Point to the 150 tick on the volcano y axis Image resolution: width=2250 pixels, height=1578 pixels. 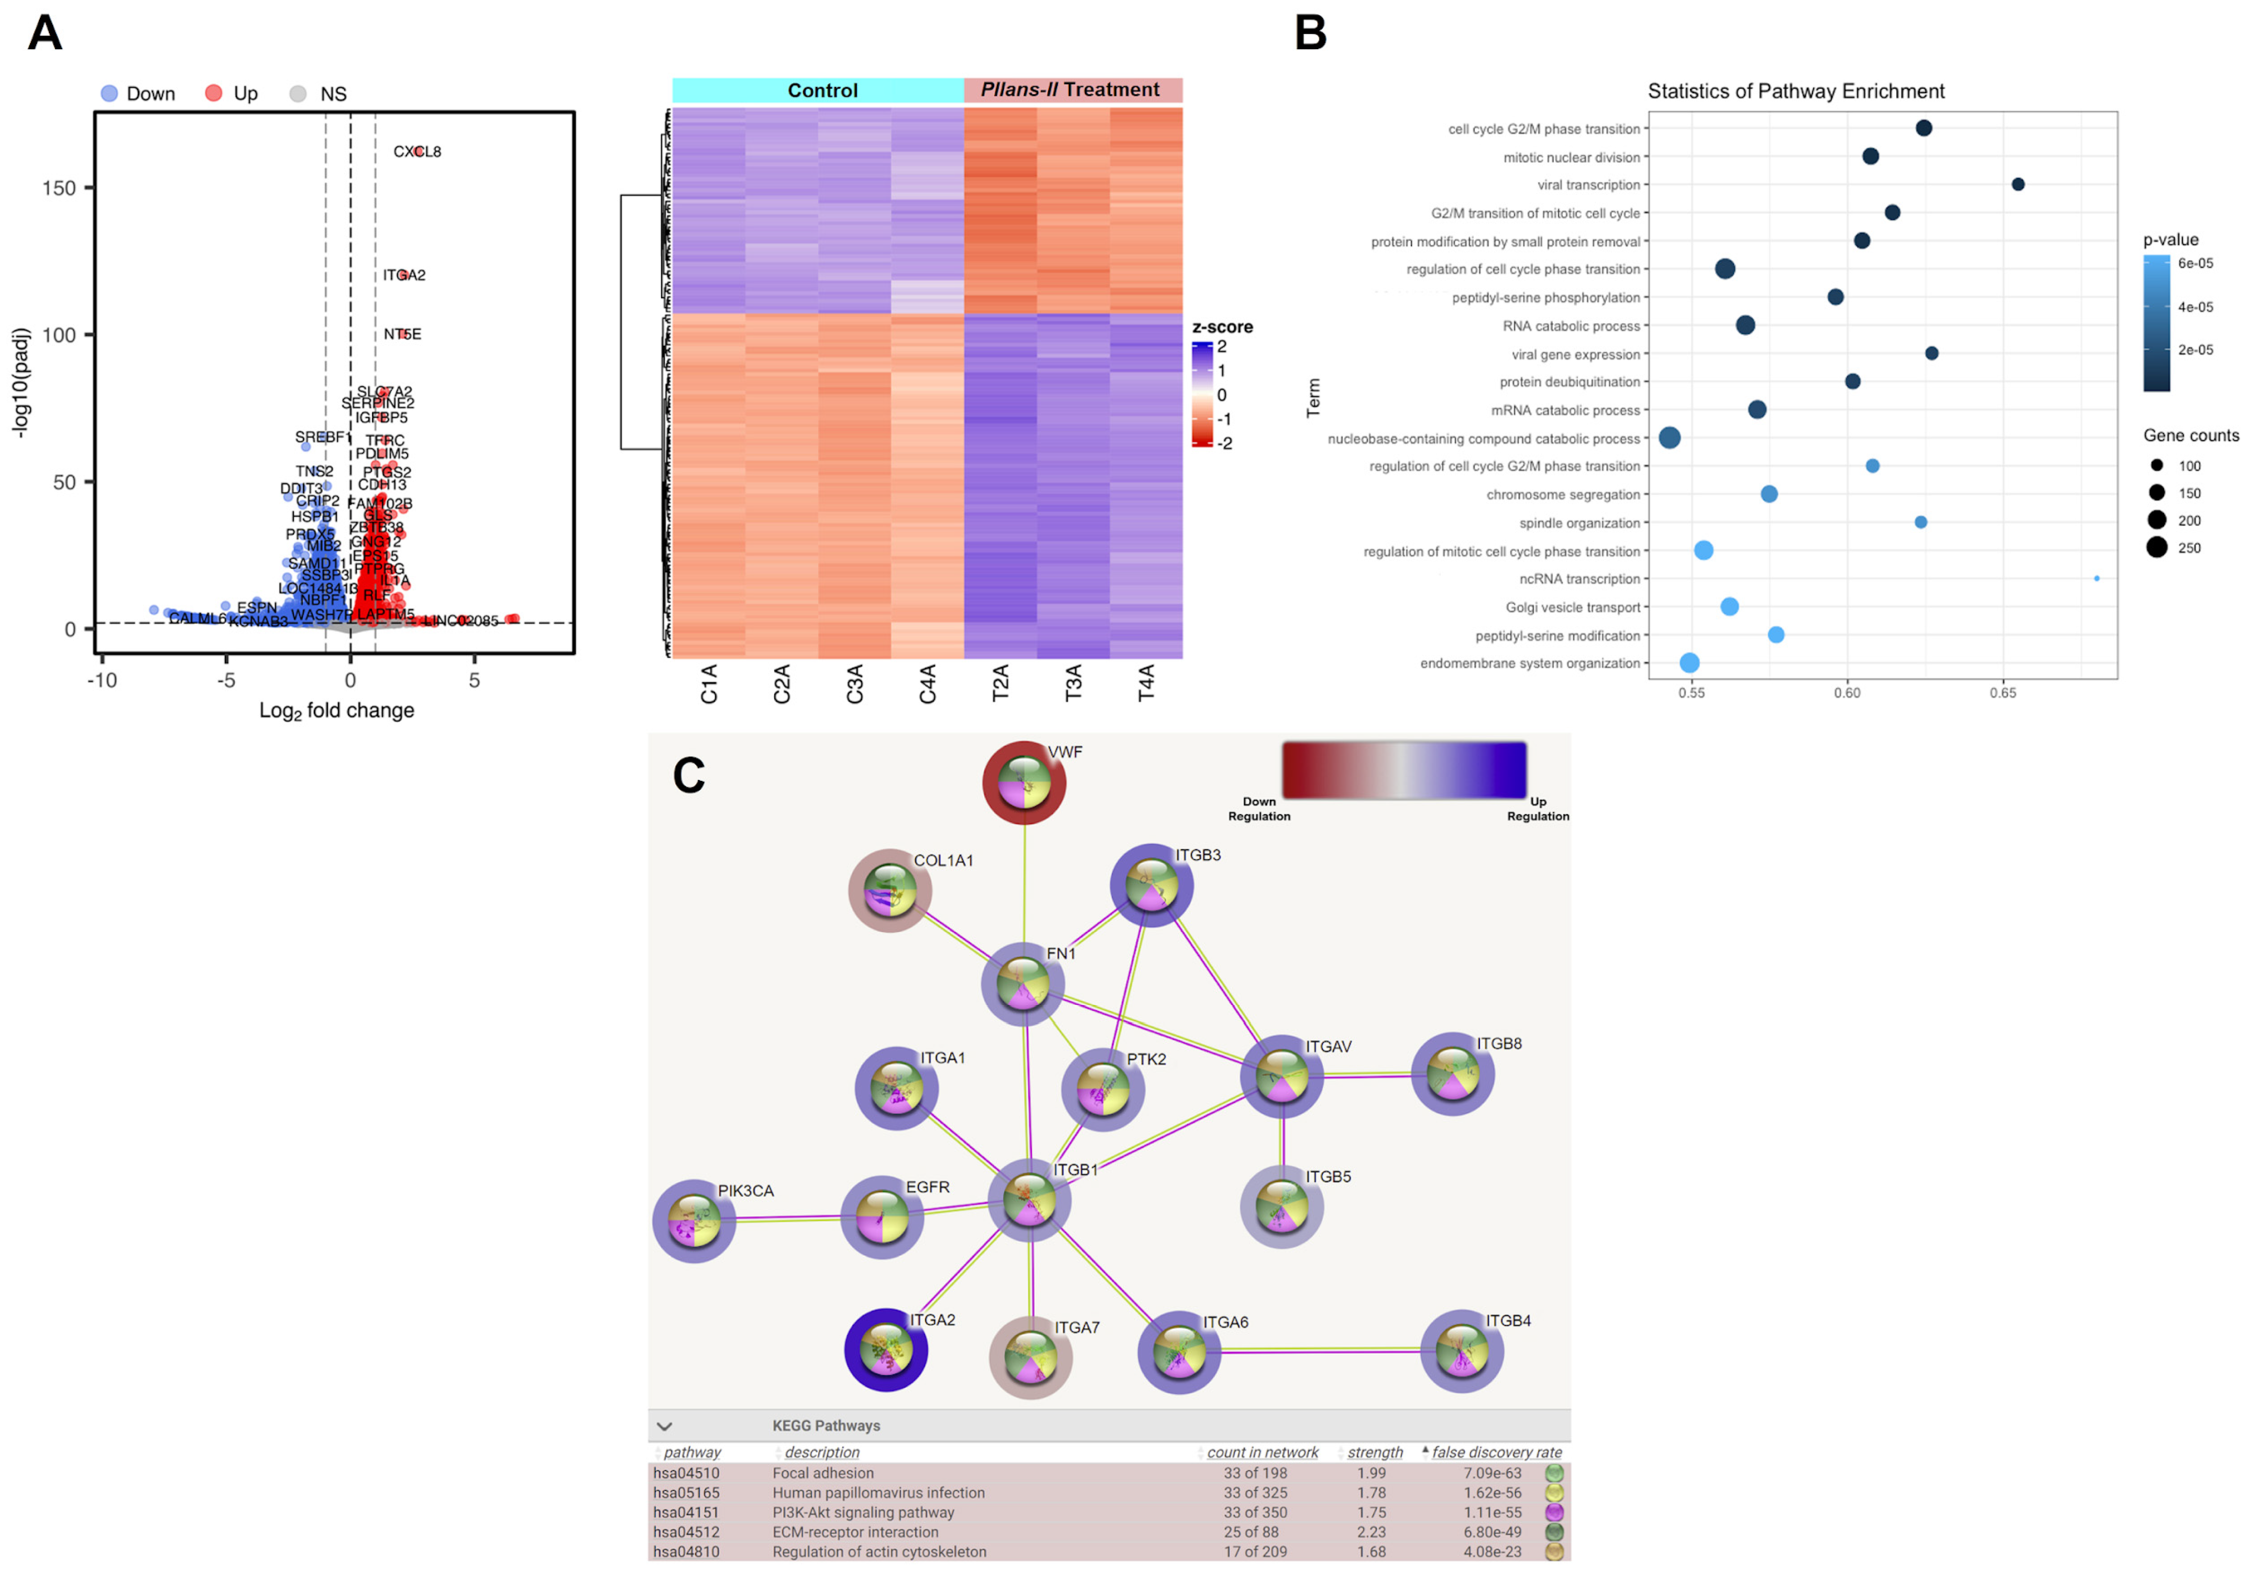(x=59, y=188)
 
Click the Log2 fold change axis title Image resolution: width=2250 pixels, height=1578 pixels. (x=336, y=711)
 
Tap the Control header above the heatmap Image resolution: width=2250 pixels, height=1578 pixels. (x=821, y=90)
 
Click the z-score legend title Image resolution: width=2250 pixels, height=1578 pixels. (x=1222, y=328)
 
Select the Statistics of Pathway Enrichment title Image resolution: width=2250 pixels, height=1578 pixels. (x=1795, y=91)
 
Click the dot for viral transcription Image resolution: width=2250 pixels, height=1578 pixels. (x=2018, y=184)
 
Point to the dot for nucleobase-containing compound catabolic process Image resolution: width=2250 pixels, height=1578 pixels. (x=1670, y=438)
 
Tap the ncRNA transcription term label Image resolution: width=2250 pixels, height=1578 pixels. (x=1579, y=579)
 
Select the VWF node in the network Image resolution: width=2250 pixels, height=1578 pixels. (x=1024, y=783)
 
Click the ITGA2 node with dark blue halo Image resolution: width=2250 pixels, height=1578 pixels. (x=886, y=1350)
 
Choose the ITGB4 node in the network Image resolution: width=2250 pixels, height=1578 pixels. (x=1461, y=1351)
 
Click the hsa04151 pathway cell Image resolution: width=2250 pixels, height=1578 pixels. (x=686, y=1512)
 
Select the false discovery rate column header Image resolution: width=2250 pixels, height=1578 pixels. (x=1496, y=1453)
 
